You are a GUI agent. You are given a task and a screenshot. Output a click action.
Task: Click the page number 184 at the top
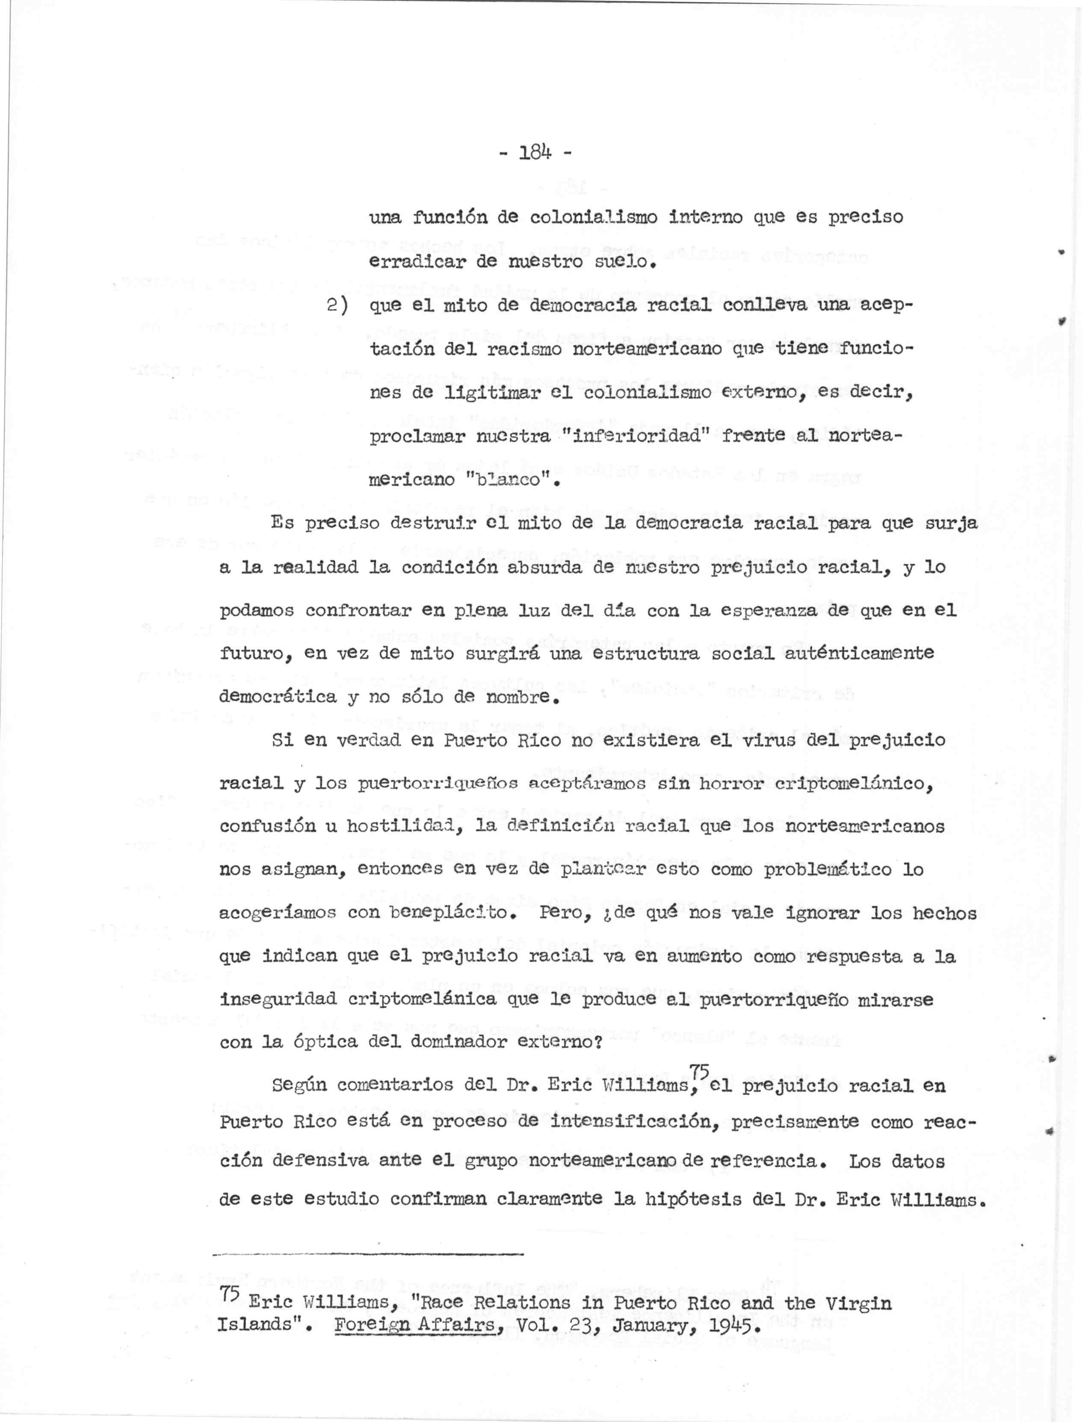pos(536,153)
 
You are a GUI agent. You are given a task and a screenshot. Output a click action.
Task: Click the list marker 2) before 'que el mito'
pos(337,306)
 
